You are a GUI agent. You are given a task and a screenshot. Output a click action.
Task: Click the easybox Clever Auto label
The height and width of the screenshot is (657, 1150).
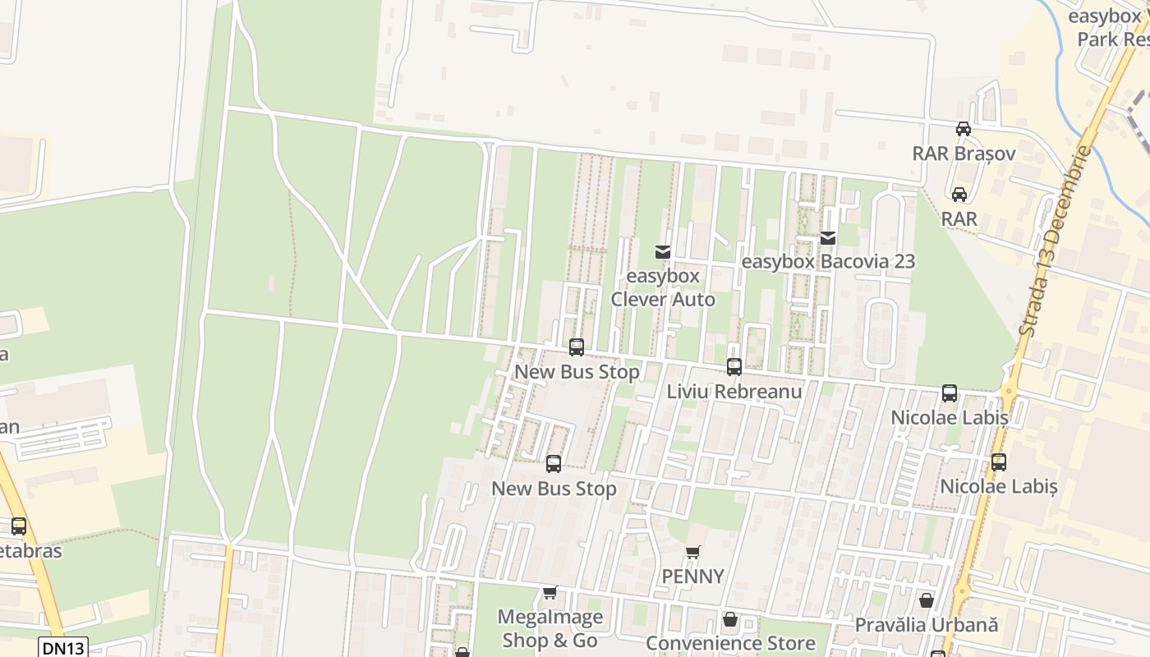(663, 287)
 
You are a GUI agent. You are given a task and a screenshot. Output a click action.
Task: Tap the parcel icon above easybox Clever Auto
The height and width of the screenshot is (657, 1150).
(663, 252)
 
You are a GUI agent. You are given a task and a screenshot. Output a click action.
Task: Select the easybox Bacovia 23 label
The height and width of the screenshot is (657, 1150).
(828, 262)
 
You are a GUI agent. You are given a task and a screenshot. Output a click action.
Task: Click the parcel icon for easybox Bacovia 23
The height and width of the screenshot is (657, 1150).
(828, 238)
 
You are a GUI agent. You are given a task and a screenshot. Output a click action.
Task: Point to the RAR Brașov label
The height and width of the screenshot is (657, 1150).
(964, 154)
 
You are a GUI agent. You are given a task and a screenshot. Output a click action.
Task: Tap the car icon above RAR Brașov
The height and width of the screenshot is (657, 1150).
(964, 129)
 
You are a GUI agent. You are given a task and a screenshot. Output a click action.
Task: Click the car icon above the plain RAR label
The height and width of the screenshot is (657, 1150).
(959, 195)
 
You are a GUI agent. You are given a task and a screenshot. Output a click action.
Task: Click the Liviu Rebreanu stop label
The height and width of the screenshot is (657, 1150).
(734, 392)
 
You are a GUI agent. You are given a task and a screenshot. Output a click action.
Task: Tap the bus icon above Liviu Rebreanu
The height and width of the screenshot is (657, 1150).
(734, 367)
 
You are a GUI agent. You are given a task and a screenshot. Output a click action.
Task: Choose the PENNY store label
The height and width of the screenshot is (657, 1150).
(693, 577)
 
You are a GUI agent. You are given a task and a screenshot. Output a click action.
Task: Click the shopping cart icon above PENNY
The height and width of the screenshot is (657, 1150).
(693, 552)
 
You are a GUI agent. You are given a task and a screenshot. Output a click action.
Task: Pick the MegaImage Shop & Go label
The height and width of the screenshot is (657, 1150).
(550, 628)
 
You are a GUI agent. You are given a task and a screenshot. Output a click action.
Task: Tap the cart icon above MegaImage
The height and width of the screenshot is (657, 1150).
(550, 592)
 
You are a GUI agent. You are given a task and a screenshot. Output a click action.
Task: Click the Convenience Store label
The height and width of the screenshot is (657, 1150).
(730, 643)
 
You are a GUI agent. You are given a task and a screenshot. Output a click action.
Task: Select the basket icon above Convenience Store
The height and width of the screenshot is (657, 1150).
(730, 619)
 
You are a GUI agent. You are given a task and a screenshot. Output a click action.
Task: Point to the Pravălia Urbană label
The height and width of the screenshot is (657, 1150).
(927, 625)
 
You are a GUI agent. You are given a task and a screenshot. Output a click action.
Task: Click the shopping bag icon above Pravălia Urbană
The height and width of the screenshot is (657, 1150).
(927, 600)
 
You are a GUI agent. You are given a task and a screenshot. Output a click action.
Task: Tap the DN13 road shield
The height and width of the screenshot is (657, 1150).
(63, 648)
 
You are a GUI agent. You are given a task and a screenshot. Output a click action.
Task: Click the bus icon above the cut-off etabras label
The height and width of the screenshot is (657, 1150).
(19, 526)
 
